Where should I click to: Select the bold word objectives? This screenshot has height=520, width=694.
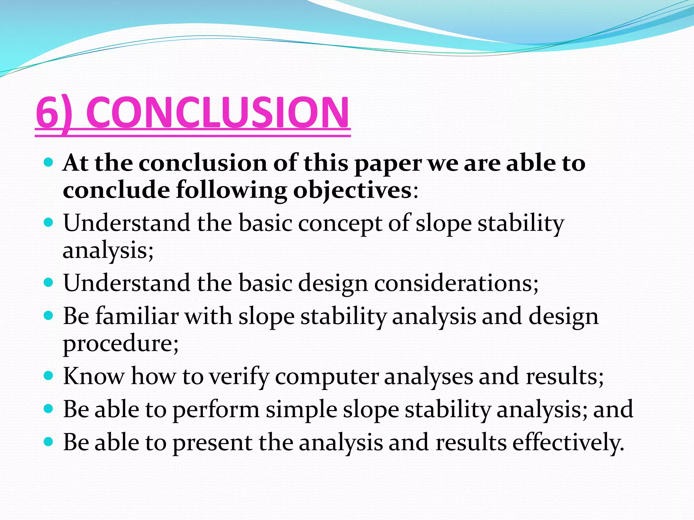[x=352, y=191]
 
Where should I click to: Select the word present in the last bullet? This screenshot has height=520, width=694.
[x=212, y=443]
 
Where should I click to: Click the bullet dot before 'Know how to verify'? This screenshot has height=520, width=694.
[x=49, y=375]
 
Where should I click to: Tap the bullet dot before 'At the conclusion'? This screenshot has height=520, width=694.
[x=49, y=163]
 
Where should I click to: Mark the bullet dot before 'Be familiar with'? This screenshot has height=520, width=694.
[x=49, y=316]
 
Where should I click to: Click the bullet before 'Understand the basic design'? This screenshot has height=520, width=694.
[x=49, y=282]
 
